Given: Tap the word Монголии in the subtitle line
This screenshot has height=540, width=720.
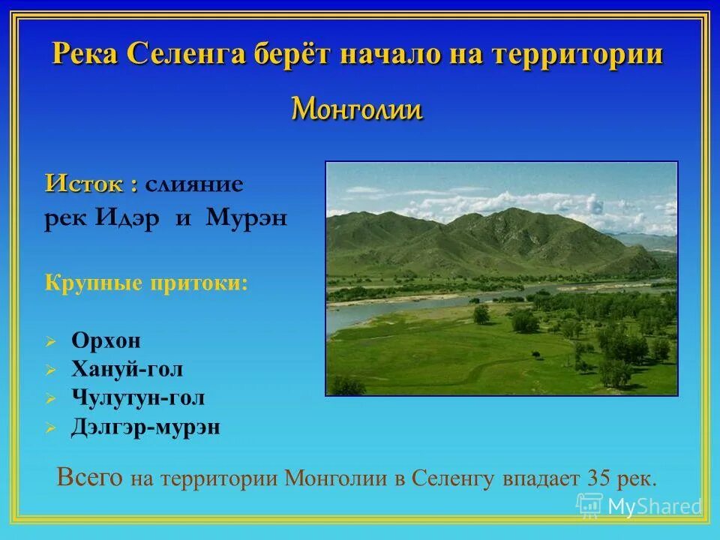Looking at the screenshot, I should point(357,110).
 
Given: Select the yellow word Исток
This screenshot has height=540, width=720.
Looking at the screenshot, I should point(85,184).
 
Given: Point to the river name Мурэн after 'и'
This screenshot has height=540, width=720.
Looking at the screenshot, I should point(246,218).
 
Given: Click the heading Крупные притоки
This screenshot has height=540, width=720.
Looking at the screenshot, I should point(146,283).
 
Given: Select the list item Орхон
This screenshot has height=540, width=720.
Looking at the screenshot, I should point(106,340).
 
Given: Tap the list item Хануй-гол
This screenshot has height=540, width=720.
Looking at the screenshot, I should point(127,369).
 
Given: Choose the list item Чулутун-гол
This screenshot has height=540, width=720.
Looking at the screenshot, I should point(138,398).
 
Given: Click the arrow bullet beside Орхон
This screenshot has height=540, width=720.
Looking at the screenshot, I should point(50,342).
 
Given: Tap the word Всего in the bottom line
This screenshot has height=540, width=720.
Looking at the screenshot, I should point(90,478).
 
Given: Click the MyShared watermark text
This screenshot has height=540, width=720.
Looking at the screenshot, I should point(654,507).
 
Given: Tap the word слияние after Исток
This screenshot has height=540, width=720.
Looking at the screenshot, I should point(194,184).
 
